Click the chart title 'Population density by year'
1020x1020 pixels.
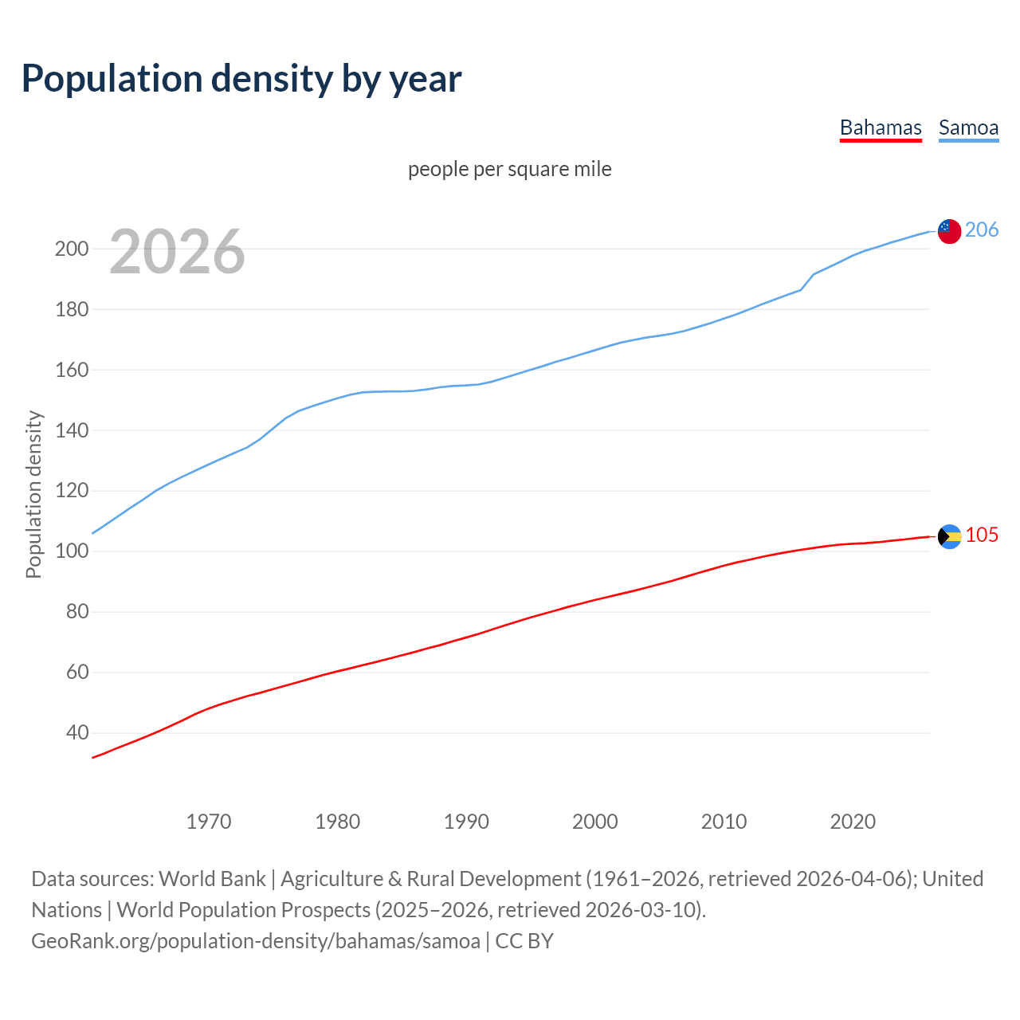tap(241, 79)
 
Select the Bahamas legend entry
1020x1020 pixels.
tap(881, 127)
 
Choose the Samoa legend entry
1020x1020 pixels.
tap(968, 127)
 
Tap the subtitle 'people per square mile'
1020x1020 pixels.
tap(509, 169)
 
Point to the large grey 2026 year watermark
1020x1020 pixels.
tap(177, 252)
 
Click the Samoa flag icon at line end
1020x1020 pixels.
tap(949, 231)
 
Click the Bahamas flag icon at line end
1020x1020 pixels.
tap(949, 536)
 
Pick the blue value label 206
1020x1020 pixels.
tap(981, 230)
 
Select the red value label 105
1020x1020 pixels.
tap(982, 535)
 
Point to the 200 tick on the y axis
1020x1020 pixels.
tap(71, 249)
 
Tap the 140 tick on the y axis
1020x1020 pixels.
tap(71, 430)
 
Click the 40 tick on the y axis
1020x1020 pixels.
tap(76, 733)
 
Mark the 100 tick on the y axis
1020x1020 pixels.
tap(71, 551)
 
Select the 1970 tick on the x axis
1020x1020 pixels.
tap(209, 822)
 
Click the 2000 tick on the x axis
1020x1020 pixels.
tap(595, 822)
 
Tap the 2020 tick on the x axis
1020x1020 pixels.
tap(853, 822)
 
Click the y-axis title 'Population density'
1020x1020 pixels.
tap(33, 494)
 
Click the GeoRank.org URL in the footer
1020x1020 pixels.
tap(256, 941)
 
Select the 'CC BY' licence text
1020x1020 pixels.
tap(524, 941)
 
